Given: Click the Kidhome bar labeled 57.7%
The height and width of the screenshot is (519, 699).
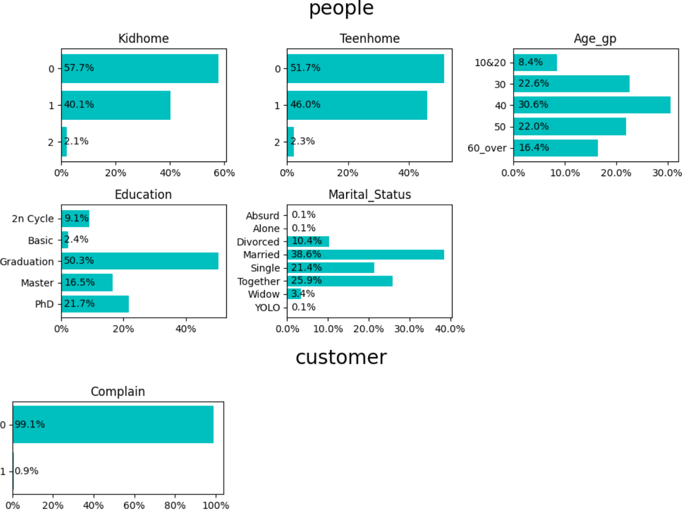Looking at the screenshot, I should pos(140,69).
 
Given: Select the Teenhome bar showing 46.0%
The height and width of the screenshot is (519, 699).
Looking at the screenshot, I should pos(357,105).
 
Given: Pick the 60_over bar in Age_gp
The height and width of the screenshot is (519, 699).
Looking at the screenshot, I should pos(556,148).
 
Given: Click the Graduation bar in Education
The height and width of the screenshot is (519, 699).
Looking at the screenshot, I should pos(140,261).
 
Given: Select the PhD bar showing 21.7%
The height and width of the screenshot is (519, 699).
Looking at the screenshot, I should pos(95,304).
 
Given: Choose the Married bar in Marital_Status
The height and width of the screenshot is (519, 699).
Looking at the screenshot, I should pos(365,255).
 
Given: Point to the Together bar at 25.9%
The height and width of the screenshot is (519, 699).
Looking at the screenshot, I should pos(340,281).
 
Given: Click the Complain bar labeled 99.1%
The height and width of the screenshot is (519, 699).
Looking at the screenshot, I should pos(113,424).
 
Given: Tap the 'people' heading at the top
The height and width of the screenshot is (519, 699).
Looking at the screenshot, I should pos(341,8).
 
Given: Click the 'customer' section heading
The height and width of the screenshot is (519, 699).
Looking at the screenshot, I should pos(341,357).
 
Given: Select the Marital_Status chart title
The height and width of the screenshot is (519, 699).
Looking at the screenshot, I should pos(370,195).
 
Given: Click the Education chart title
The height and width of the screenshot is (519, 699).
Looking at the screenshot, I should pos(143,195).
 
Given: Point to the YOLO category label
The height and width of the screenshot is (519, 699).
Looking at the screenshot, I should pos(267,308).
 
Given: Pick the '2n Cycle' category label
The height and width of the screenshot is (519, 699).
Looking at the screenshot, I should pos(33,219).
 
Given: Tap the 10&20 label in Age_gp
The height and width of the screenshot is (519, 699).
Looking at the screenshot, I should pos(490,63).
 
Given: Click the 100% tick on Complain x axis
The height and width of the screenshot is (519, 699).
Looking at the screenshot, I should pos(216,506).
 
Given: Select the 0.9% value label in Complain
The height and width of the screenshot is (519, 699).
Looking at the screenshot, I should pos(27,471).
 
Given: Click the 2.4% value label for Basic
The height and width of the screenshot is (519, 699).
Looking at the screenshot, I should pos(76,239).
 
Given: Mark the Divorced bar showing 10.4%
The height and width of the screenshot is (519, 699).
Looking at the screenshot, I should pos(308,242).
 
